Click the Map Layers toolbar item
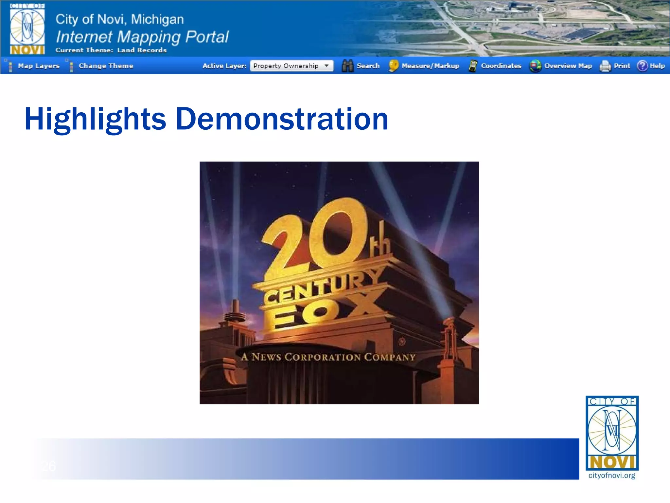click(39, 66)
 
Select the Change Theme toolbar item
click(106, 66)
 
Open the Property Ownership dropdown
click(291, 66)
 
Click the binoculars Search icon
click(347, 66)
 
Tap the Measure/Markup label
click(430, 66)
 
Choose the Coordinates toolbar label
click(501, 66)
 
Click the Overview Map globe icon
click(535, 66)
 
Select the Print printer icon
click(605, 66)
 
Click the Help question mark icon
click(642, 66)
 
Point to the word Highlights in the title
click(95, 119)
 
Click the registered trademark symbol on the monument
click(402, 342)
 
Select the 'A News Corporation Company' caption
click(328, 357)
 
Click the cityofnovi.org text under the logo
click(611, 475)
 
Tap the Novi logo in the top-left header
click(27, 29)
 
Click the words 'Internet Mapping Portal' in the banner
click(142, 37)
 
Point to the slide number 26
click(49, 466)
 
